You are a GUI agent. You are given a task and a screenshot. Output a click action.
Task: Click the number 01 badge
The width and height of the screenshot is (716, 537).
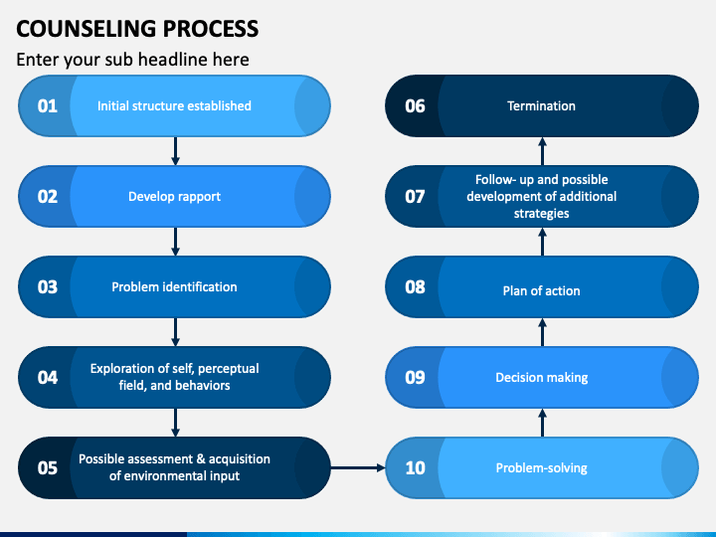click(x=48, y=105)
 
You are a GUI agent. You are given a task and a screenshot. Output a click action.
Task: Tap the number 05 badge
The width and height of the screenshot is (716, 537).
click(x=48, y=467)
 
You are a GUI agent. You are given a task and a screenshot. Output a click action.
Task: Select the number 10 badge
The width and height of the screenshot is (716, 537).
click(x=415, y=467)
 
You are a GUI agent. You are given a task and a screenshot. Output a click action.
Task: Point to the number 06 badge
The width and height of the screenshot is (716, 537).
click(x=415, y=105)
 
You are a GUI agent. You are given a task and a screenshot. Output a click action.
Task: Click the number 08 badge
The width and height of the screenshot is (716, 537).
click(x=415, y=286)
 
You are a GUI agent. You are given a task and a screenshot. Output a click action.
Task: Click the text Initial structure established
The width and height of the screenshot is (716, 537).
click(x=174, y=105)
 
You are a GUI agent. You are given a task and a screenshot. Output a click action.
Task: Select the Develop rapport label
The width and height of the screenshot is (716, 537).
click(x=174, y=196)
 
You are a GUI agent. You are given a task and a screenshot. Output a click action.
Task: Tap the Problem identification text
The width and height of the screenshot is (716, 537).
click(x=174, y=286)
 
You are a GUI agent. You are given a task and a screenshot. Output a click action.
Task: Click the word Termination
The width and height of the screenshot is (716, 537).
click(x=541, y=105)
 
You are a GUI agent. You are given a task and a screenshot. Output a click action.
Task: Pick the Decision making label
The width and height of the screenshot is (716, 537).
click(x=541, y=377)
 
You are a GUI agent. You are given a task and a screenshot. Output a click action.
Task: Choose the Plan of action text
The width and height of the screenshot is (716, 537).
click(x=541, y=290)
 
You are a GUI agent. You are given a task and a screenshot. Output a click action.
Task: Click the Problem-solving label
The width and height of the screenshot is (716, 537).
click(x=541, y=467)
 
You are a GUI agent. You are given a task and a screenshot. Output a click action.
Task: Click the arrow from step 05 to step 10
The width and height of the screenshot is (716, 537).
click(x=358, y=466)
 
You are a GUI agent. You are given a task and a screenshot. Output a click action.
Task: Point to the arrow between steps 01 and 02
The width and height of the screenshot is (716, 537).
click(x=175, y=150)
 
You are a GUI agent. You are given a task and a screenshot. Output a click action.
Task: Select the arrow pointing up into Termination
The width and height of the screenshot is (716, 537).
click(x=542, y=150)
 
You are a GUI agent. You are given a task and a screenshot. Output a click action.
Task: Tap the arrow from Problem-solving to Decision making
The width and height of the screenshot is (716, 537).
click(x=542, y=422)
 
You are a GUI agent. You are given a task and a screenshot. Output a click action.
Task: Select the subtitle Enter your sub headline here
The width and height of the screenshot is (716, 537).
click(x=132, y=60)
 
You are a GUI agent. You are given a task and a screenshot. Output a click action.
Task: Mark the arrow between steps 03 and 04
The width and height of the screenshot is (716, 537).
click(x=175, y=331)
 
